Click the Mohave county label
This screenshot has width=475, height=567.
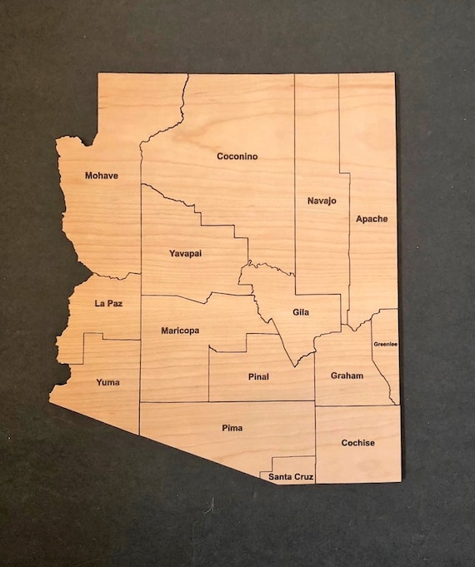(101, 176)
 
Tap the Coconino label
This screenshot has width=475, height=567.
(237, 156)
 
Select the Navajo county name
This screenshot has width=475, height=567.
(321, 201)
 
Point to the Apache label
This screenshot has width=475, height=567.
(372, 219)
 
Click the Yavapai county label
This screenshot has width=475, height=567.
(185, 253)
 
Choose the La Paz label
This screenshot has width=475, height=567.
(108, 304)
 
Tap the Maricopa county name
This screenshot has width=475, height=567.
(179, 331)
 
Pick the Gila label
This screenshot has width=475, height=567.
(301, 313)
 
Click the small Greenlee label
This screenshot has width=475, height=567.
(385, 343)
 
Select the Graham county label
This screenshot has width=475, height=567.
(347, 376)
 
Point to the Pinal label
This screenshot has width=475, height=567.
(258, 376)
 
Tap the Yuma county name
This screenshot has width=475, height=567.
(107, 383)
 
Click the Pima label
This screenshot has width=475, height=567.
(232, 428)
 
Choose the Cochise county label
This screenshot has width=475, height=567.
(357, 443)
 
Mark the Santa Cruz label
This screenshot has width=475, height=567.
(291, 477)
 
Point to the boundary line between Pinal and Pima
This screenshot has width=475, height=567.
(250, 401)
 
